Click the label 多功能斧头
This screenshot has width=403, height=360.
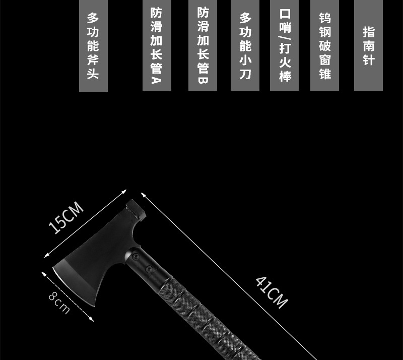[93, 46]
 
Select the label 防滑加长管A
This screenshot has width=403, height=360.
[156, 46]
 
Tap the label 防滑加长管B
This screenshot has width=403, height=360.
[203, 46]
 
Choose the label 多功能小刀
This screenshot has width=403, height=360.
[245, 46]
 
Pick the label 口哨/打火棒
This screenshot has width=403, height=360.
[284, 46]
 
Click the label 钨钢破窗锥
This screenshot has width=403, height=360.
[324, 46]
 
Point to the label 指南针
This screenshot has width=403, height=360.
[368, 46]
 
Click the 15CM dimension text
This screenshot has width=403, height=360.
[66, 217]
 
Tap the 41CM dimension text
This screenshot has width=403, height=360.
[272, 291]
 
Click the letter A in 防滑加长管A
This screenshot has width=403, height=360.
[156, 80]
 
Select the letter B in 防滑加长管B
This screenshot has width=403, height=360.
[203, 80]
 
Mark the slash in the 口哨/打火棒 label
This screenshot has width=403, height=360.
[284, 39]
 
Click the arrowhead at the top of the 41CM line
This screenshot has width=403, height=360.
[143, 194]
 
